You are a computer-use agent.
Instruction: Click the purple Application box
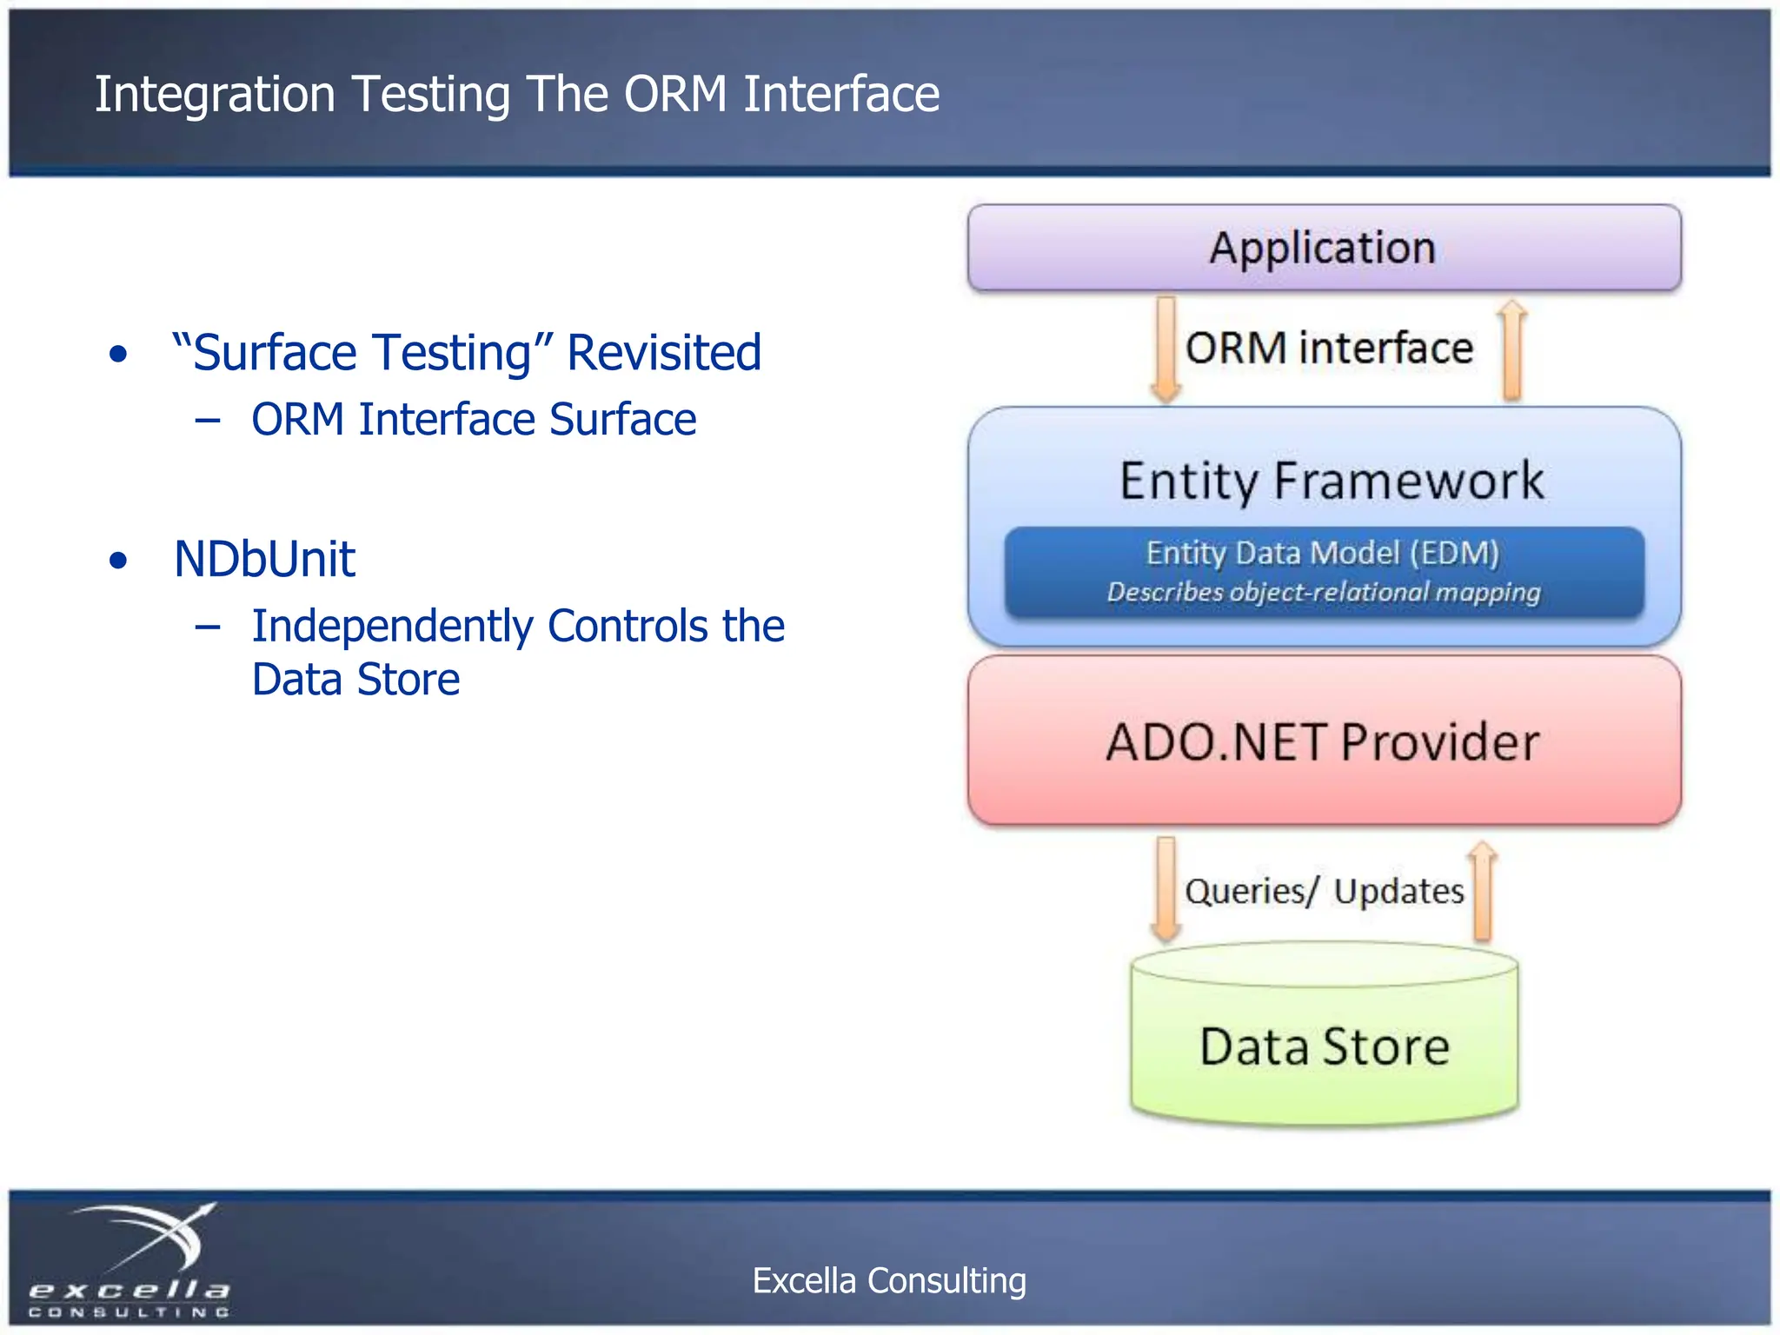click(x=1323, y=248)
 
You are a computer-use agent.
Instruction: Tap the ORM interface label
click(x=1329, y=349)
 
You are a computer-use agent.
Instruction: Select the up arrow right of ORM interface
click(x=1512, y=350)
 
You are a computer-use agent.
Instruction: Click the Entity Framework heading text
click(x=1331, y=481)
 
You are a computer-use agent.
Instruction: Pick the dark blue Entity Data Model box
click(x=1324, y=572)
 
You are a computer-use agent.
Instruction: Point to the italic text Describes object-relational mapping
click(x=1323, y=593)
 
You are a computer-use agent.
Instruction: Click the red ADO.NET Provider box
click(x=1323, y=741)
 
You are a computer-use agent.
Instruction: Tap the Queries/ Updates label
click(x=1324, y=891)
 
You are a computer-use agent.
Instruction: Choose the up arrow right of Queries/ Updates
click(x=1483, y=891)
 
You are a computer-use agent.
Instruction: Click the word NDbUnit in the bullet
click(x=264, y=559)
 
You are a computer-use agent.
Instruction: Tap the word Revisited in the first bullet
click(x=664, y=353)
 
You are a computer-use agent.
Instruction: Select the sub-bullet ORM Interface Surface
click(x=474, y=420)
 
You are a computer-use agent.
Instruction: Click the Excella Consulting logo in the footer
click(x=130, y=1260)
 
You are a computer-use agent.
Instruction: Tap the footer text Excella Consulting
click(x=889, y=1280)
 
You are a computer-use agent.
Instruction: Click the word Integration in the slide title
click(x=215, y=94)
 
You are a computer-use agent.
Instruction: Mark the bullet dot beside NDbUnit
click(x=118, y=561)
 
